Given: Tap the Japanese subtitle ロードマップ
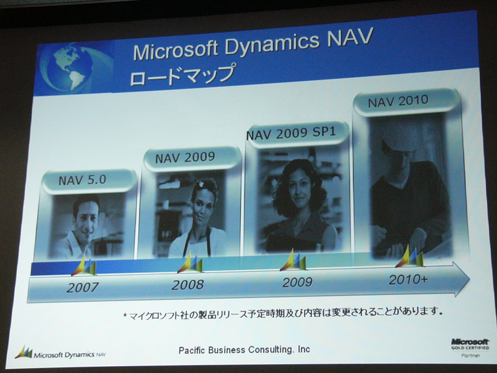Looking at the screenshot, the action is pos(183,75).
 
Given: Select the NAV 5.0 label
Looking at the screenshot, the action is pos(82,180).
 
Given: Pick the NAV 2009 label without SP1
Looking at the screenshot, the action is pos(185,157).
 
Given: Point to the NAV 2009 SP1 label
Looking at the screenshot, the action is pos(291,133).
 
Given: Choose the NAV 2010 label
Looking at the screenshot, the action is pos(398,101).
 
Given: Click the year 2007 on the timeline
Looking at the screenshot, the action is pos(83,287).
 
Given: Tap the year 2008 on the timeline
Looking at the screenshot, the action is pos(188,285).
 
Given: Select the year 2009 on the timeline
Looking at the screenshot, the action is pos(298,282).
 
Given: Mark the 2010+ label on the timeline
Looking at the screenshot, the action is pos(408,279).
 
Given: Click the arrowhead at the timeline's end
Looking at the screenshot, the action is pos(461,279).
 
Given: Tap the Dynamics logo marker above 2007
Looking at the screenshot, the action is pos(84,265).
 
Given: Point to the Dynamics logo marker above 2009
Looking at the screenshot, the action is pos(293,260).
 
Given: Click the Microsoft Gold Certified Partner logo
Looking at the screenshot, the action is pos(470,348).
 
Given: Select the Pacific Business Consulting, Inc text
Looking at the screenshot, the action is pos(244,350).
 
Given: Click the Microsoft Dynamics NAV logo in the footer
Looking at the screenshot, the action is pos(60,353).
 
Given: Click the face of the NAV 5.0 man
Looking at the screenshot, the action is pos(85,219).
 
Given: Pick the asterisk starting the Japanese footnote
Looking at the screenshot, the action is pos(125,315).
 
